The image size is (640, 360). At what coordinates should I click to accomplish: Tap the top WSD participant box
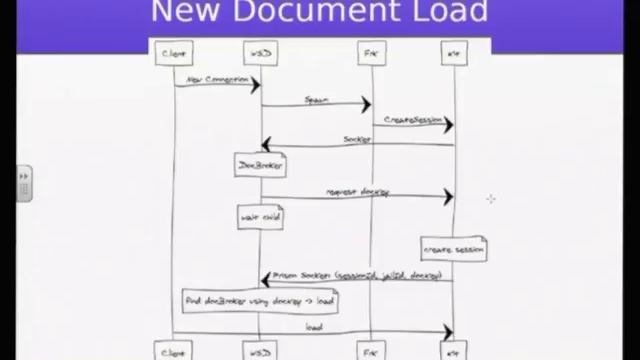pos(260,53)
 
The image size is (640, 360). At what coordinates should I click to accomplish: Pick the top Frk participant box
pos(371,53)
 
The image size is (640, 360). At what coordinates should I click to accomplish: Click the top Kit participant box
pos(454,53)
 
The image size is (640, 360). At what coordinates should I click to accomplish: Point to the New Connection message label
pos(214,79)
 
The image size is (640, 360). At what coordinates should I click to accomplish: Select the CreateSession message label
pos(412,120)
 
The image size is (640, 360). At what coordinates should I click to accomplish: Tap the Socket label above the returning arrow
pos(357,139)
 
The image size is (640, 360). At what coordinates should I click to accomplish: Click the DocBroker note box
pos(260,164)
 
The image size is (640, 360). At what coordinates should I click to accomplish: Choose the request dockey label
pos(357,191)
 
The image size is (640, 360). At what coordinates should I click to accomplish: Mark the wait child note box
pos(260,217)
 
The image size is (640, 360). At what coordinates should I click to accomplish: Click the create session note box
pos(454,249)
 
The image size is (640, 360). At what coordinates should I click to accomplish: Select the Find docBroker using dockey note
pos(259,300)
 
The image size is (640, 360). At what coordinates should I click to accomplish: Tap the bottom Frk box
pos(371,351)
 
